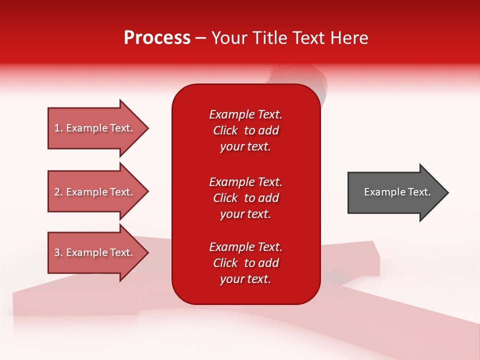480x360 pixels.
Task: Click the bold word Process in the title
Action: [x=157, y=38]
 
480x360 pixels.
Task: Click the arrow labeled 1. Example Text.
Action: [x=95, y=128]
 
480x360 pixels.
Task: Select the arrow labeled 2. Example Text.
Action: [x=95, y=192]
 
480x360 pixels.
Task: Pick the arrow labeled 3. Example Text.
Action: [x=95, y=252]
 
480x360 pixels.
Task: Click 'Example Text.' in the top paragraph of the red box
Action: [x=245, y=114]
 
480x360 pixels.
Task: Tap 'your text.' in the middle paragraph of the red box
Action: [x=245, y=214]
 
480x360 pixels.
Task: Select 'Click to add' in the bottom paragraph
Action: [x=245, y=263]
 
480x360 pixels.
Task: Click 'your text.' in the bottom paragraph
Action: [x=245, y=279]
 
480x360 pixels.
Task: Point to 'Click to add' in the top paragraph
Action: [x=245, y=130]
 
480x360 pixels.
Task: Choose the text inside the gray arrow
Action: [x=397, y=192]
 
